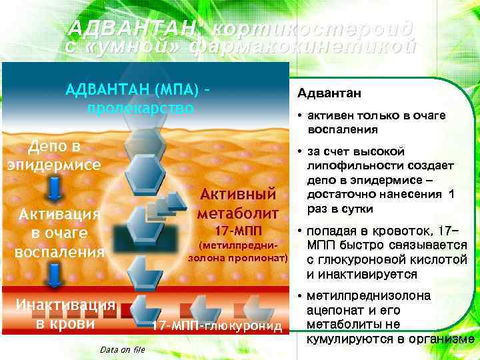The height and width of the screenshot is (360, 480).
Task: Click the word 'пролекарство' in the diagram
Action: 140,108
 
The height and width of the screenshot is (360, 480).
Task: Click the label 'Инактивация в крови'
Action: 60,314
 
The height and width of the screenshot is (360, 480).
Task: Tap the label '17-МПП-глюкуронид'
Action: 217,327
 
